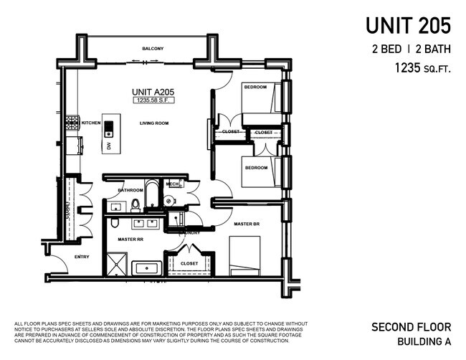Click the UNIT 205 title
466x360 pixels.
408,26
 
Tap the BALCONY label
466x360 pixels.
153,49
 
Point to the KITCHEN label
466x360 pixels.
91,123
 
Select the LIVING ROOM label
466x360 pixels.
154,123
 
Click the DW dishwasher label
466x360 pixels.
109,146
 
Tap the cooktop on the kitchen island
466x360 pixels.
109,129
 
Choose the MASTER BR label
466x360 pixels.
247,224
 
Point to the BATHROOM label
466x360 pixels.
130,190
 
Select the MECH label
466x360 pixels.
172,184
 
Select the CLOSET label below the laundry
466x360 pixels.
189,263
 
